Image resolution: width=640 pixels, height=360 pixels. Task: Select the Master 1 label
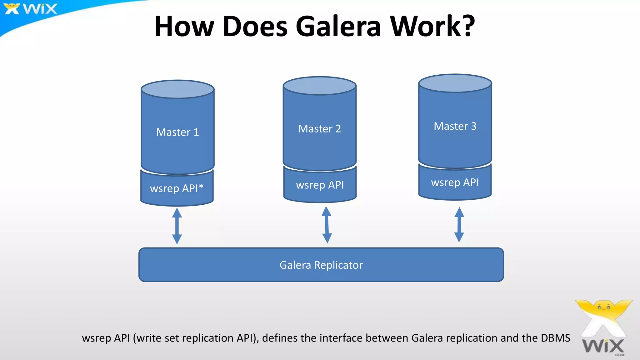tap(177, 132)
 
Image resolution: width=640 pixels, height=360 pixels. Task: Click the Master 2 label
tap(319, 129)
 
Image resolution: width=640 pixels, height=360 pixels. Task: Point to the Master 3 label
tap(455, 126)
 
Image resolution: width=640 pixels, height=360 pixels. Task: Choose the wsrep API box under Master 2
tap(320, 185)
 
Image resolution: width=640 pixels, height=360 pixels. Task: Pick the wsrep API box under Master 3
tap(455, 182)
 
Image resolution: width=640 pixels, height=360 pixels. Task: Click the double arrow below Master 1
tap(177, 226)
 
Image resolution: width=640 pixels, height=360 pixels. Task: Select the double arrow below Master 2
tap(327, 225)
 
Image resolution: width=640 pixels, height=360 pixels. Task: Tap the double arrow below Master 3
tap(459, 225)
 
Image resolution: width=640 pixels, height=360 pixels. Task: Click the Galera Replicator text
tap(321, 265)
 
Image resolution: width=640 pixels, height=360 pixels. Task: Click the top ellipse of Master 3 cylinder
tap(455, 83)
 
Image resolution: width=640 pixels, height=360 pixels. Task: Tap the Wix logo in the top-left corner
tap(31, 9)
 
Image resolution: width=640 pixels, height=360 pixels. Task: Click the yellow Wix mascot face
tap(604, 307)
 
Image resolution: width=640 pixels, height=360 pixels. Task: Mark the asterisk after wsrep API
tap(201, 187)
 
